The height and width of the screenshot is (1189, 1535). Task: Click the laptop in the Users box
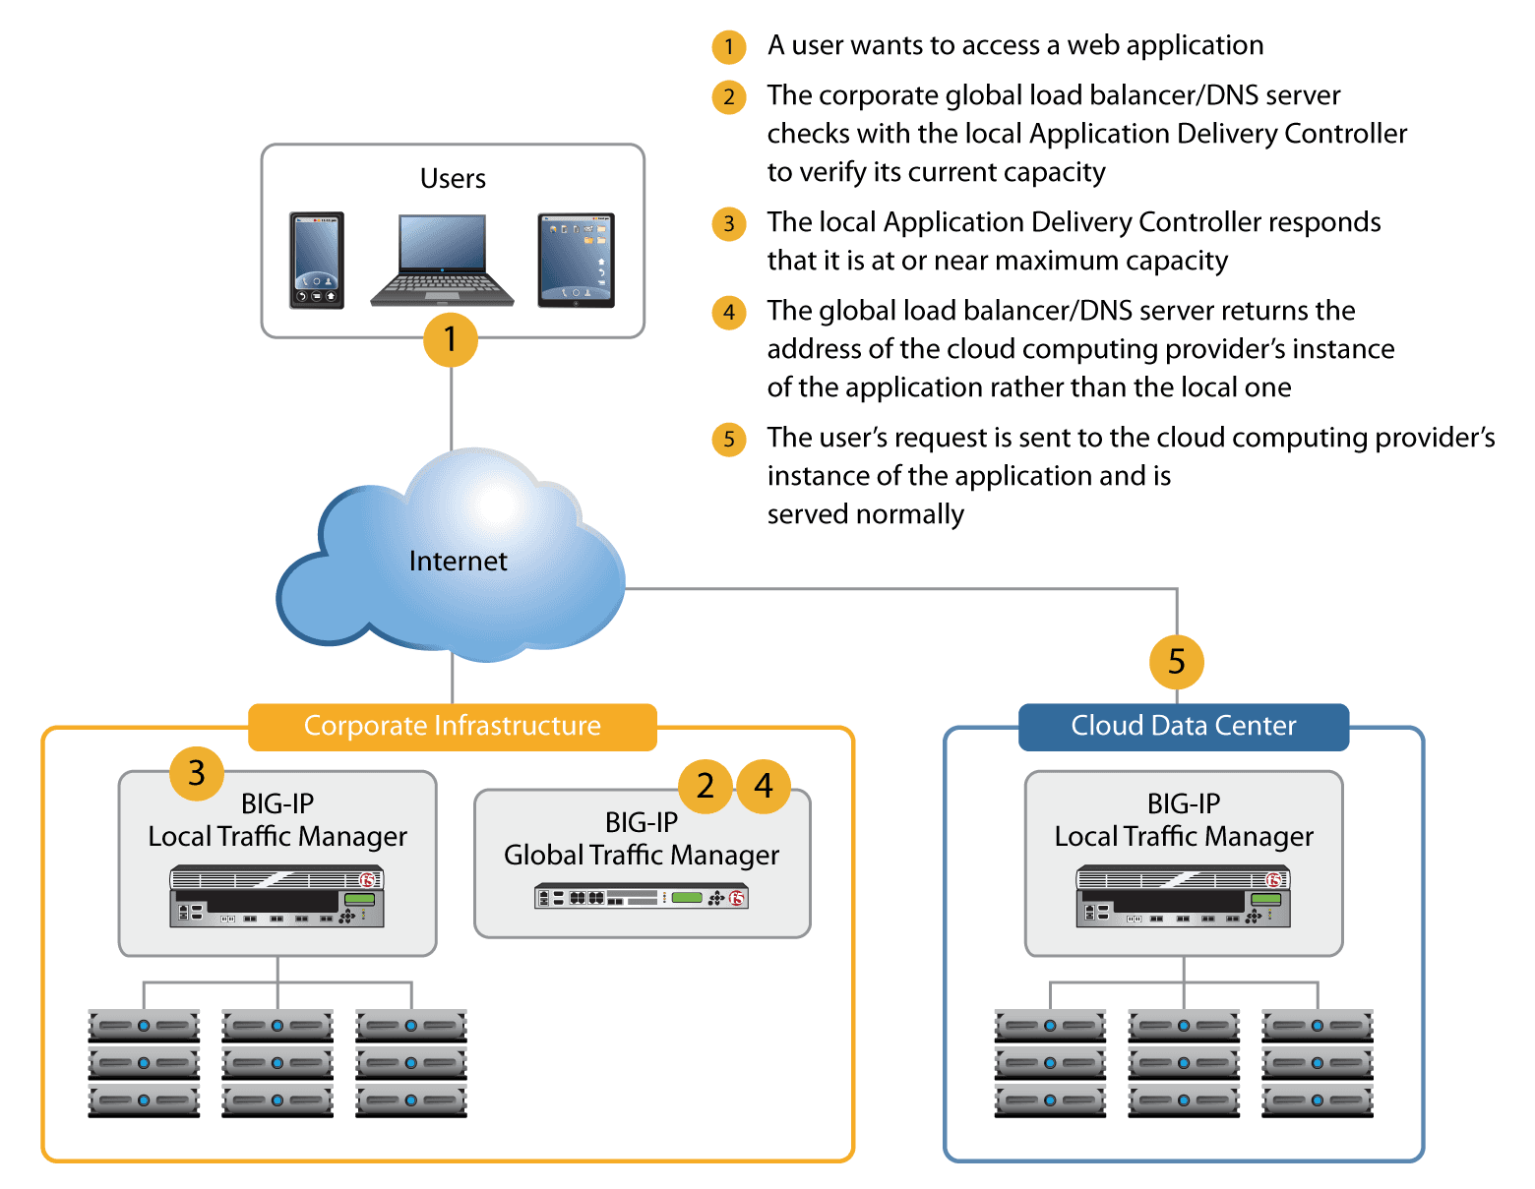(x=442, y=260)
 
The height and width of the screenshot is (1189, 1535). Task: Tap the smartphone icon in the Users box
(x=317, y=261)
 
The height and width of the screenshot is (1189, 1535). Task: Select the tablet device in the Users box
(x=577, y=261)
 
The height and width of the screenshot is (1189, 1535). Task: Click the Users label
(x=453, y=179)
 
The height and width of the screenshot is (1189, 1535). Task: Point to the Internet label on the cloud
(x=458, y=562)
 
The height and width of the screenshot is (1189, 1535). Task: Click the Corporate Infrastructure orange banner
(x=452, y=726)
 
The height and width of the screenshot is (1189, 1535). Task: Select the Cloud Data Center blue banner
(x=1183, y=726)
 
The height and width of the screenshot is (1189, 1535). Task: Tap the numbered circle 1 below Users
(x=451, y=339)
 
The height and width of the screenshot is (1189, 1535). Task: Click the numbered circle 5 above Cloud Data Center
(x=1176, y=662)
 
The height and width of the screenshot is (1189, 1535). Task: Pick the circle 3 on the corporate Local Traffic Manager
(x=197, y=773)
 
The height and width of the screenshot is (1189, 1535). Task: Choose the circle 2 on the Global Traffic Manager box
(x=706, y=786)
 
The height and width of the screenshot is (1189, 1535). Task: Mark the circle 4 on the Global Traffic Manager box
(x=764, y=786)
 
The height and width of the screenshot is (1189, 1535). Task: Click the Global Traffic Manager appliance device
(x=642, y=897)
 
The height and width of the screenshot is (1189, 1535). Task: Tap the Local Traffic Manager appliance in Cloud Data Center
(x=1183, y=895)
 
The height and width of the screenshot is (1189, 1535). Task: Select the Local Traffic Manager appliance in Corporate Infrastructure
(x=276, y=895)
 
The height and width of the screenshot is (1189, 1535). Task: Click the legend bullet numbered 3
(x=729, y=223)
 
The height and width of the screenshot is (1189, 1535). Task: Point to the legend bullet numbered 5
(x=729, y=439)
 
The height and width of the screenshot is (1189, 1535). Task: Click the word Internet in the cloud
(x=458, y=562)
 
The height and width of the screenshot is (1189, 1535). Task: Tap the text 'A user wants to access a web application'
(x=1014, y=45)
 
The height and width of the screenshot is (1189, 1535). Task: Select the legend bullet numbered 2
(x=729, y=96)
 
